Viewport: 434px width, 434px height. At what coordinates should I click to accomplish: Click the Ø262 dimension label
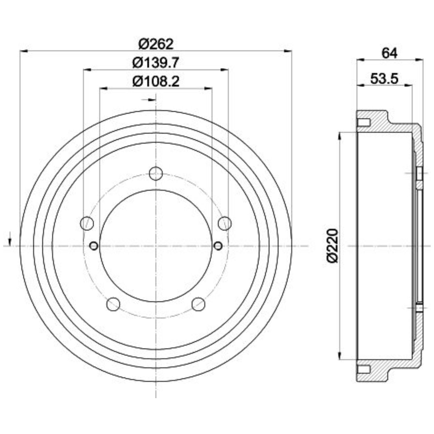[x=156, y=44]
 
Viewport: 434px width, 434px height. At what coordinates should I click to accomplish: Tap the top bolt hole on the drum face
[x=156, y=173]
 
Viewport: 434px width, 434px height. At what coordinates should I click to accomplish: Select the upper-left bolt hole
[x=87, y=223]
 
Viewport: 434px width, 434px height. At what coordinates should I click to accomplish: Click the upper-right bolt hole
[x=225, y=223]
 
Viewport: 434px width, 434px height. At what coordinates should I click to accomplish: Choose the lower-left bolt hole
[x=113, y=304]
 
